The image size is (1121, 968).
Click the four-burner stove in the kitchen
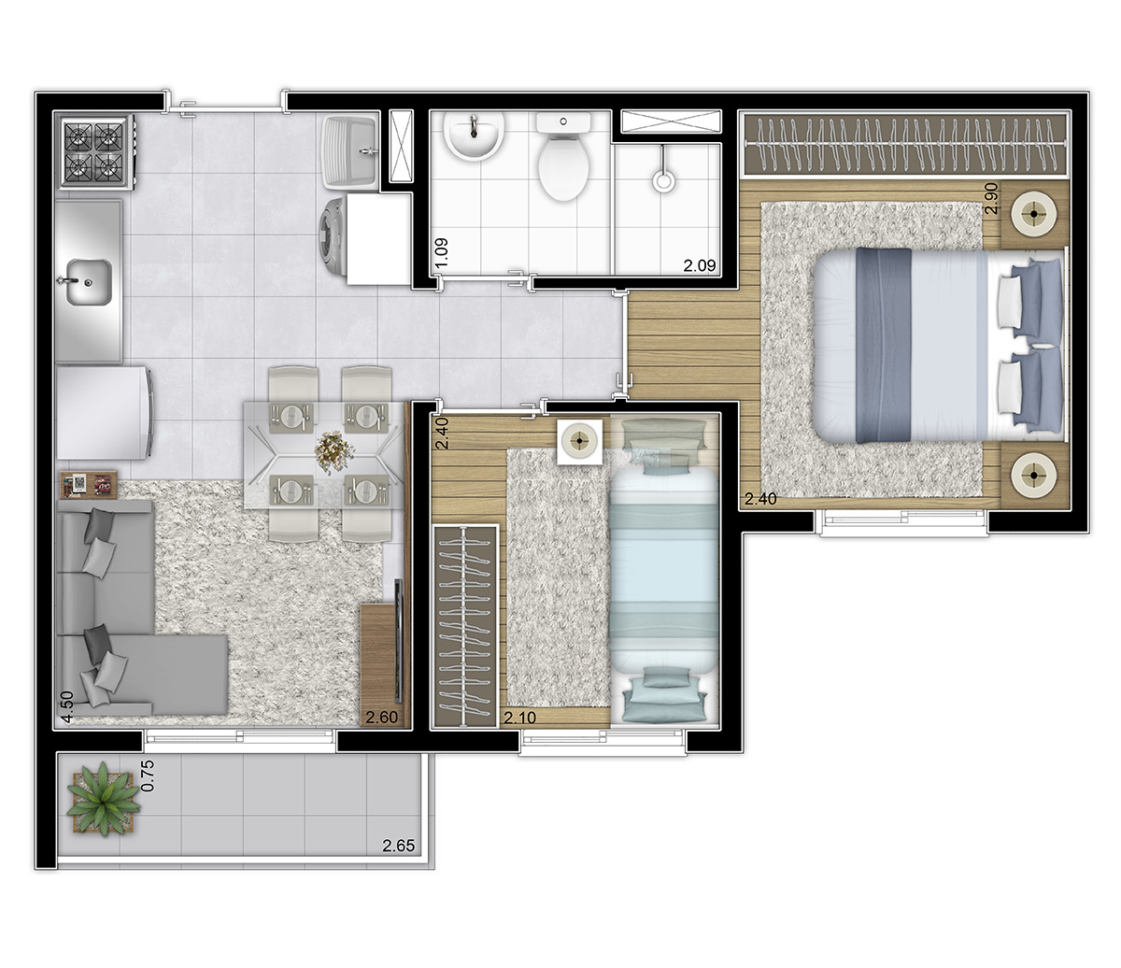[95, 152]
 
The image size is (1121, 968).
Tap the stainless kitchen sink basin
[90, 282]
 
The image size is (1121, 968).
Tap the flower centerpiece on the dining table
[333, 449]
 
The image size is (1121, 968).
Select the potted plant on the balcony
[103, 798]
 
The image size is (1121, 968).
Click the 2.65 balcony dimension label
[399, 846]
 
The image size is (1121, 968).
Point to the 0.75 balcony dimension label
[148, 776]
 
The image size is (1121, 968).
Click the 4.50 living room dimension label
[67, 707]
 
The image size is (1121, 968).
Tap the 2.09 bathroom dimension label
[700, 265]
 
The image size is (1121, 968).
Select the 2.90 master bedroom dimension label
[991, 198]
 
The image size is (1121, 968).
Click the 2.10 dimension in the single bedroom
[520, 718]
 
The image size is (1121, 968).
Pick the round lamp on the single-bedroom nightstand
[580, 441]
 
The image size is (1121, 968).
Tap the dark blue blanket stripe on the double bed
[884, 345]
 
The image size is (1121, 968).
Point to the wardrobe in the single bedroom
[465, 626]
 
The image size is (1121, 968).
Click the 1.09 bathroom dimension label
[442, 252]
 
